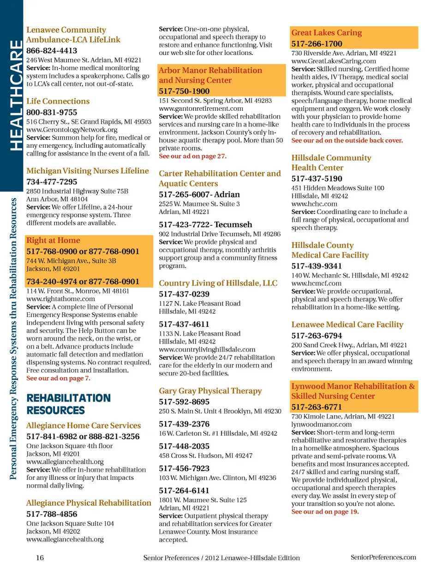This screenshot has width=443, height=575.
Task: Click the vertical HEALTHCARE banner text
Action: [16, 95]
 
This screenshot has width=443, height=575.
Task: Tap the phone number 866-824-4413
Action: [52, 51]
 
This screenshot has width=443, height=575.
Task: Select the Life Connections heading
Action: [58, 101]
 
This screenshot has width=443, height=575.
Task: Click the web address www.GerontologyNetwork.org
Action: [72, 130]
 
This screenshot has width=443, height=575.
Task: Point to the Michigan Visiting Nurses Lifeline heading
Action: [88, 171]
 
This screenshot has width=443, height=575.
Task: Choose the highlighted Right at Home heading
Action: [53, 240]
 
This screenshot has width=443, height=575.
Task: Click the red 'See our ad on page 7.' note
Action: [58, 378]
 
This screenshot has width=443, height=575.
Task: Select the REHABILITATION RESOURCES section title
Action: [68, 404]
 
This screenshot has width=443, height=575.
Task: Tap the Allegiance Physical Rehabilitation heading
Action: [89, 503]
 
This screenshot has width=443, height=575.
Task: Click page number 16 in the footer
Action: [40, 558]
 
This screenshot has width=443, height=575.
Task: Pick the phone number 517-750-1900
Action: [184, 91]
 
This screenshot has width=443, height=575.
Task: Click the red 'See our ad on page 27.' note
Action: [192, 156]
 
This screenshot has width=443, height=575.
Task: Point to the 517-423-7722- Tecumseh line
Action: [205, 225]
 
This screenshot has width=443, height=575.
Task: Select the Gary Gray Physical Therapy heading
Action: [210, 391]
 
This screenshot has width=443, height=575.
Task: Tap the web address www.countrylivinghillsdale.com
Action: [207, 350]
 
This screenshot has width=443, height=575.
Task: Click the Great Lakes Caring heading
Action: [326, 33]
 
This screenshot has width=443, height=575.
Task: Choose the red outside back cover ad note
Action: [347, 140]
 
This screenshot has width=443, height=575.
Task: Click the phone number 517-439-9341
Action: [317, 266]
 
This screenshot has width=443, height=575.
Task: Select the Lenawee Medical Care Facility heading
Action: [347, 325]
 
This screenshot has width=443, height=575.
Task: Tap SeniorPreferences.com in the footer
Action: [383, 557]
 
